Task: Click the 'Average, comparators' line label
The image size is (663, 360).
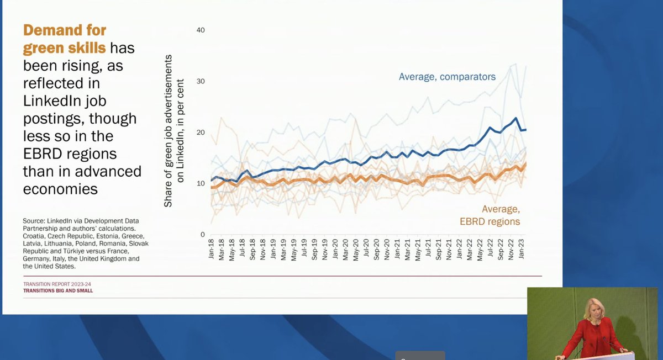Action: click(447, 77)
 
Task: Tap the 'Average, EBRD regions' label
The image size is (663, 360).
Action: click(490, 215)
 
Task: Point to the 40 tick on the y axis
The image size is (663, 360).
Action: click(201, 30)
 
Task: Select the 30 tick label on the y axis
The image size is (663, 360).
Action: click(201, 81)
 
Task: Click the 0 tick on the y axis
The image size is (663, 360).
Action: click(202, 235)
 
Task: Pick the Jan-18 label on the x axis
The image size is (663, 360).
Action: click(211, 249)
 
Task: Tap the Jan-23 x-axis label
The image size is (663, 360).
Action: click(521, 249)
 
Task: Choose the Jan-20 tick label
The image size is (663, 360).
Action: click(335, 249)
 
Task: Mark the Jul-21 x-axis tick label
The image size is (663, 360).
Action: click(428, 250)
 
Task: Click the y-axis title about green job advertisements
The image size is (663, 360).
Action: click(173, 131)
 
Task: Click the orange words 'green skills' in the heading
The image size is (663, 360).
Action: click(64, 48)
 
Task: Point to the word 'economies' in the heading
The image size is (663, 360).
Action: click(60, 189)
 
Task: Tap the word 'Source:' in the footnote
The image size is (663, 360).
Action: click(34, 221)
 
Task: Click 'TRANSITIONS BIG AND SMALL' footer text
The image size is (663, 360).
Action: click(58, 291)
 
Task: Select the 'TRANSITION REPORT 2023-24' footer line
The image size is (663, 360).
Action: click(57, 284)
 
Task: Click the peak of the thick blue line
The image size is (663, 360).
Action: click(516, 118)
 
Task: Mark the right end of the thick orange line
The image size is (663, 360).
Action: click(525, 163)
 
